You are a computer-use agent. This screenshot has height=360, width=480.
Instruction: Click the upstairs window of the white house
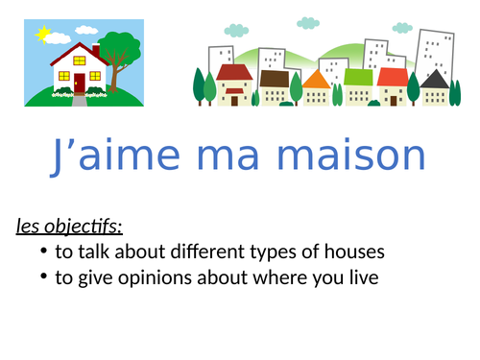[80, 60]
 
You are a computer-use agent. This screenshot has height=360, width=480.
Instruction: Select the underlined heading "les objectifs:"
[69, 227]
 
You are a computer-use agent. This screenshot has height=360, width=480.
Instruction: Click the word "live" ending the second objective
[360, 278]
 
